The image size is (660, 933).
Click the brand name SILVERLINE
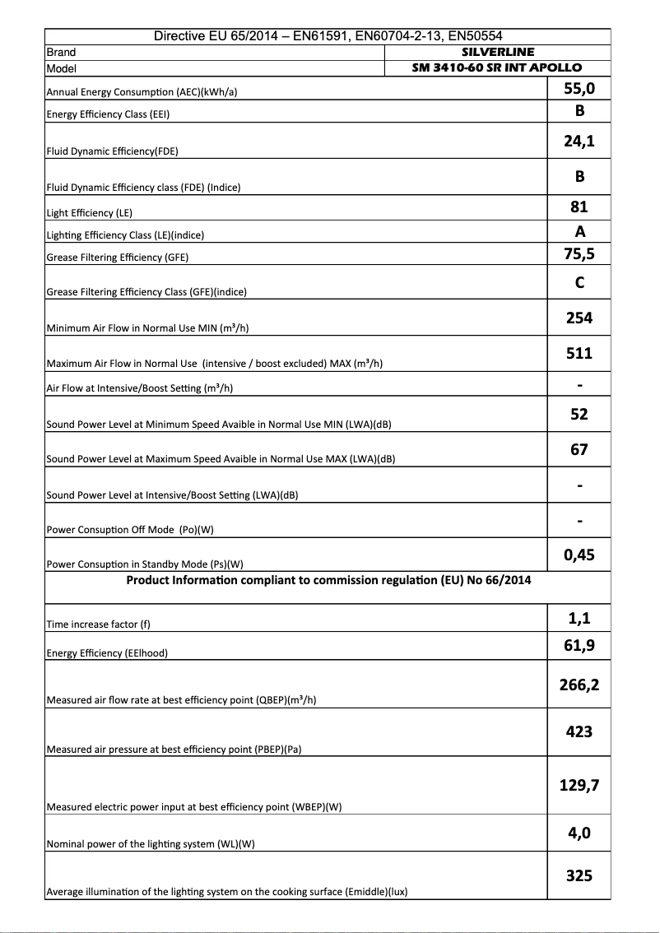coord(497,52)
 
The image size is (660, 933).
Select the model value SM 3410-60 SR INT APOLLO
coord(497,67)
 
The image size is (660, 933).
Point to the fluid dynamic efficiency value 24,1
coord(579,142)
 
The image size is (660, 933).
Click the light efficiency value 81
coord(579,207)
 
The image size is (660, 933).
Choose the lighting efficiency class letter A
coord(579,231)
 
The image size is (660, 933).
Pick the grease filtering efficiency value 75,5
coord(579,253)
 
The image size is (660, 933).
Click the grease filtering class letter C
coord(579,283)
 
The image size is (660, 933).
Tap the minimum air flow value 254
coord(579,318)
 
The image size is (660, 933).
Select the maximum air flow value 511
coord(579,353)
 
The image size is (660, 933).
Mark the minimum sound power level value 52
coord(579,414)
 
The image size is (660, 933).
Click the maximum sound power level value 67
coord(579,449)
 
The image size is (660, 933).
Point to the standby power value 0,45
coord(579,555)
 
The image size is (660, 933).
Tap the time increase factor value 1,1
coord(579,618)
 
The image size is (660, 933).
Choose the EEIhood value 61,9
coord(579,645)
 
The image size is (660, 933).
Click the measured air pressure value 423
coord(579,731)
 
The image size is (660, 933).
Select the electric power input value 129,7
coord(579,785)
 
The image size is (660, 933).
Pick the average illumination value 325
coord(579,875)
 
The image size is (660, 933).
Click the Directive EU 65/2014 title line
coord(328,36)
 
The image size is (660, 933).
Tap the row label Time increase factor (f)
coord(99,624)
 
